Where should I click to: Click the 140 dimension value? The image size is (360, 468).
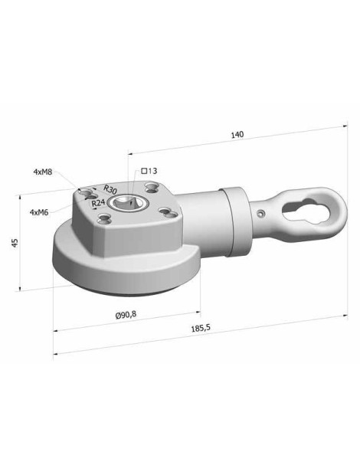click(237, 135)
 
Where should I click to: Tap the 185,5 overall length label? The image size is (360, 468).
click(201, 328)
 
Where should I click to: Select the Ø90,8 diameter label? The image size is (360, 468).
click(126, 314)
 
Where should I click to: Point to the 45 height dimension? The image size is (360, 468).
click(15, 242)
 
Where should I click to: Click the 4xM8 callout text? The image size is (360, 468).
click(43, 172)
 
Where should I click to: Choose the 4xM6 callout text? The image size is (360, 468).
click(39, 212)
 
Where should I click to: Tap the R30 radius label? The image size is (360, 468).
click(110, 189)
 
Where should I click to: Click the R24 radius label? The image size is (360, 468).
click(98, 203)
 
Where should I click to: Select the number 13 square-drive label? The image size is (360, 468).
click(152, 171)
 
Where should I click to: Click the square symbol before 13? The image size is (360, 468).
click(144, 171)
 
